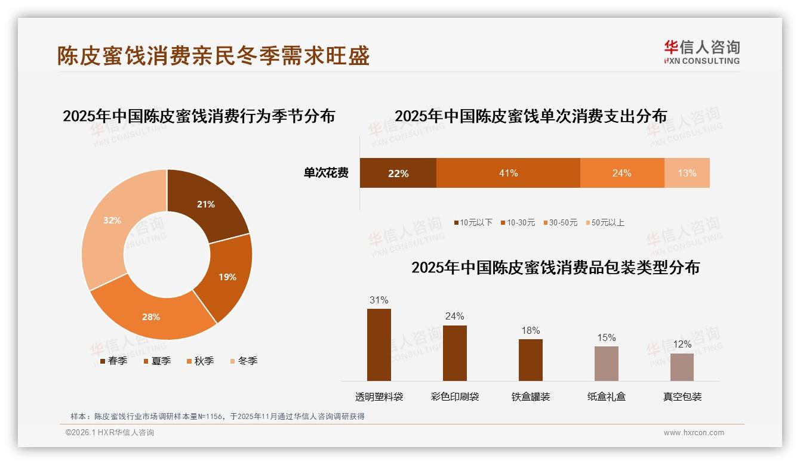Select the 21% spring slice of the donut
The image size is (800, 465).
coord(207,204)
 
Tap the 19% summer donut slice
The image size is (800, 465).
coord(227,277)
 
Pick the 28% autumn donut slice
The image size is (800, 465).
coord(150,317)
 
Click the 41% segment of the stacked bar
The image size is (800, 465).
coord(508,173)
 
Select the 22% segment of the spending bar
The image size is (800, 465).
coord(398,173)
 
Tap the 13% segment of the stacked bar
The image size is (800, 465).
coord(687,173)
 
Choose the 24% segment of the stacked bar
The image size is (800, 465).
coord(621,173)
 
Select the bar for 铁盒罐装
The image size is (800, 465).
coord(530,360)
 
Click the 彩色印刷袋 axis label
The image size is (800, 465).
coord(455,396)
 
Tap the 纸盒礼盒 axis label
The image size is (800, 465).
coord(606,396)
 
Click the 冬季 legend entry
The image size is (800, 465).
coord(243,361)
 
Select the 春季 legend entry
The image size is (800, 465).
coord(113,361)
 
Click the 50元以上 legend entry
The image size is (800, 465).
coord(604,222)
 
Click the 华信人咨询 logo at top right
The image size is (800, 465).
coord(701,52)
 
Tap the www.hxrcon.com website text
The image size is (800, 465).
coord(693,433)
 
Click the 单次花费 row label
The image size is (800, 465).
coord(326,173)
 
